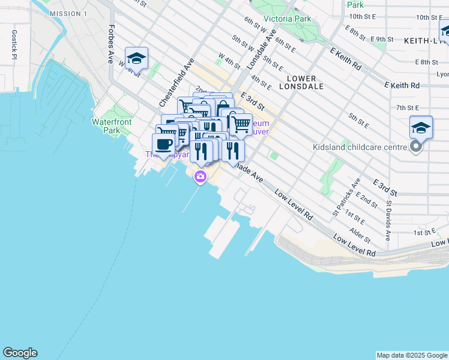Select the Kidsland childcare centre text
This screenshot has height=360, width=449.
pos(359,147)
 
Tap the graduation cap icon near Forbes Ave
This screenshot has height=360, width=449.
pos(137,59)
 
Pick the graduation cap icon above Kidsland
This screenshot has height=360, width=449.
pos(421,127)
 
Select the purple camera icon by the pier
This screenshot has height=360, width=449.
pos(200,176)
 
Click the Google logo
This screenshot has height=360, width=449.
pos(20,353)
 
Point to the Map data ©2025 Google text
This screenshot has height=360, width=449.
pos(411,355)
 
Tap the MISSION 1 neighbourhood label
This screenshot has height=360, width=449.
pos(68,13)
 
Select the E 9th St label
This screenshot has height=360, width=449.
pos(382,39)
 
